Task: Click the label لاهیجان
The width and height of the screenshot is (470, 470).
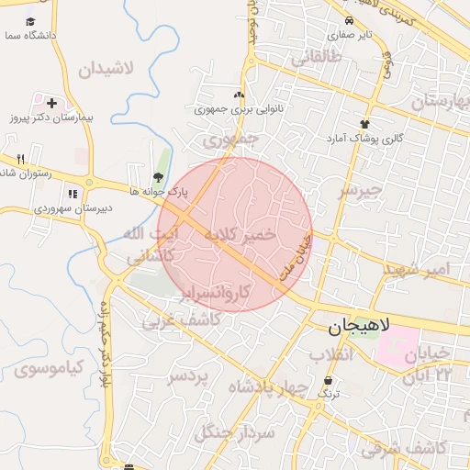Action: pos(359,327)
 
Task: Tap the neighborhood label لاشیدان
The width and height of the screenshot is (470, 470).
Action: pos(106,69)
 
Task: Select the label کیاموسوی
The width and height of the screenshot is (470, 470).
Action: pos(49,369)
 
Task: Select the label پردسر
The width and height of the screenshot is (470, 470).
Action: pos(189,375)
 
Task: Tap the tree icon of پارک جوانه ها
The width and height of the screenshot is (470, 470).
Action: pos(158,177)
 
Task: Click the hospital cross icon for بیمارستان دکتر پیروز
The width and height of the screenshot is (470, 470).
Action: pos(51,103)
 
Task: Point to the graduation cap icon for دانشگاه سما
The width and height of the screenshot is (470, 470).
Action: pos(30,20)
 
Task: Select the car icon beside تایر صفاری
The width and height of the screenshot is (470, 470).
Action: pos(349,20)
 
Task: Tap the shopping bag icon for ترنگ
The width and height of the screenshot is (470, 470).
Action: pos(329,380)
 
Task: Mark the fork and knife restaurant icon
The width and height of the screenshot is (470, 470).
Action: pos(20,160)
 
